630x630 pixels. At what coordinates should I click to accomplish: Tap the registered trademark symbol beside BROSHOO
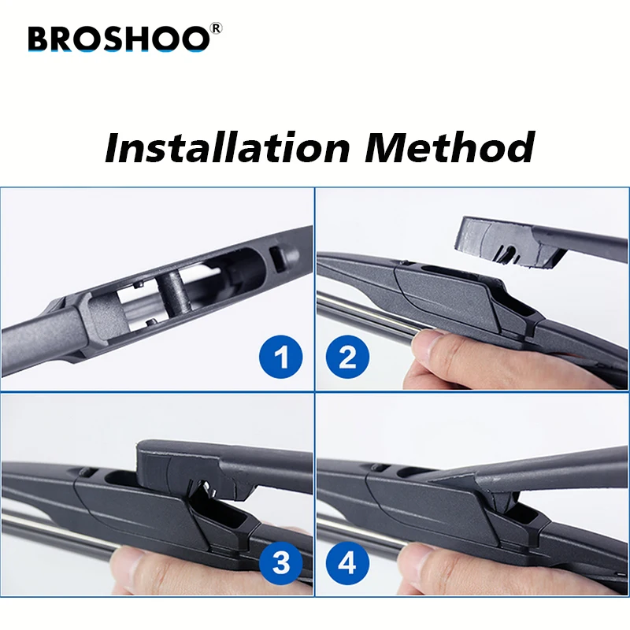[x=217, y=28]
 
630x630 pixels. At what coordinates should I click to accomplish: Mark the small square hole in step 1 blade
[x=276, y=257]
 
